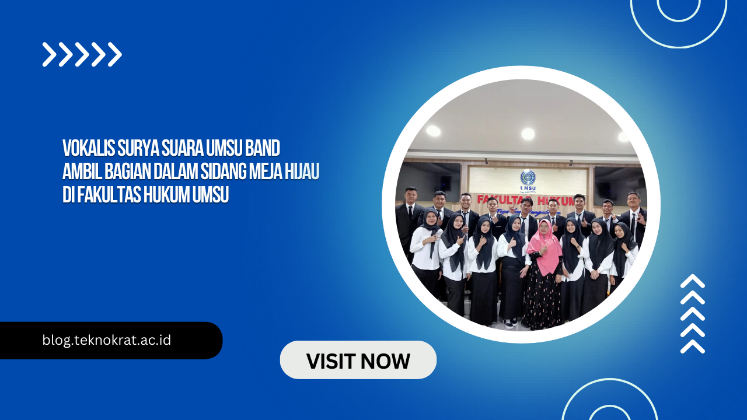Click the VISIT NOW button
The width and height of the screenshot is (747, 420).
pos(358,360)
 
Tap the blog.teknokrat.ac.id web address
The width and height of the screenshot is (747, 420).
pos(107,340)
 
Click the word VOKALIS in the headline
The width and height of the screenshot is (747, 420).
pos(88,148)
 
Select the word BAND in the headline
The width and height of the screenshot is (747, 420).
pos(263,148)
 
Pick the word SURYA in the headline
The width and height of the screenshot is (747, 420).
pos(138,148)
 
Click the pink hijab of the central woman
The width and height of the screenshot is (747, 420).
pos(544,249)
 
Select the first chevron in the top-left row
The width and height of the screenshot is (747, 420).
pos(49,54)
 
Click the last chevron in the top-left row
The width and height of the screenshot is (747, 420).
pos(114,54)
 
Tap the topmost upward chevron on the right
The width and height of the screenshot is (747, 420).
pos(693,281)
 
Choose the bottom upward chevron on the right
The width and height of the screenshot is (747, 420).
pos(693,346)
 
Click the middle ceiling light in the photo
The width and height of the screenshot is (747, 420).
pos(528,134)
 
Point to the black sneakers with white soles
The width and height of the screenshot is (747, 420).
pos(509,323)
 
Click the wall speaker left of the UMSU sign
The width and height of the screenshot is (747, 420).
pos(445,182)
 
